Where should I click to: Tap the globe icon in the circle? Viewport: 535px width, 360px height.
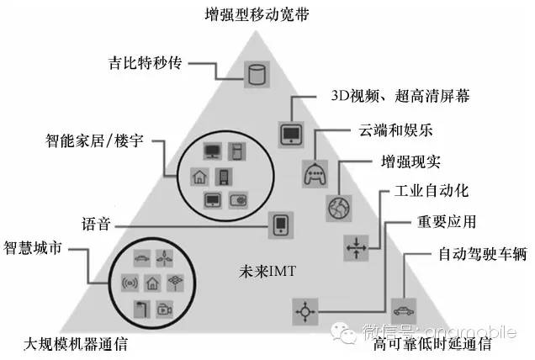[337, 206]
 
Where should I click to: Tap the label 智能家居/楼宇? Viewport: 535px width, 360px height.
[90, 136]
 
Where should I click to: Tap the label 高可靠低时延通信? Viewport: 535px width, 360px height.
[432, 345]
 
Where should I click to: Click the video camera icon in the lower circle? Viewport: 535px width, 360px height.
[163, 309]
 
